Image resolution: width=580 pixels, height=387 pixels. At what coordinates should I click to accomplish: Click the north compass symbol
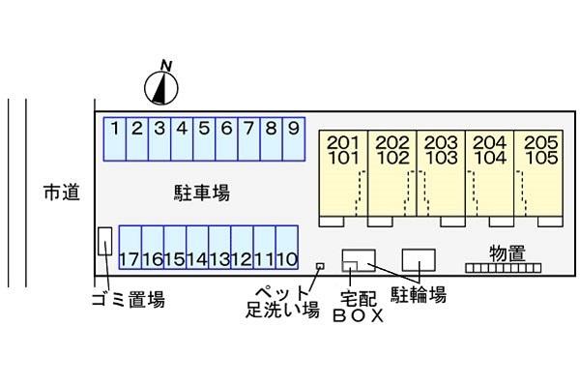tap(163, 87)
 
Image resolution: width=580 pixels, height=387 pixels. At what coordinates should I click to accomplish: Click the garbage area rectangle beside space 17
tap(104, 241)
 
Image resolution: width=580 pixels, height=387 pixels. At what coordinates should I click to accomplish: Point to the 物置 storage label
tap(507, 253)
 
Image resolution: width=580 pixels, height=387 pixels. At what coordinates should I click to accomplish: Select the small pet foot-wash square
tap(320, 264)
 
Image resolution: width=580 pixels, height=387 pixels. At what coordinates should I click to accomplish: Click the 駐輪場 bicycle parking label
tap(418, 294)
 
